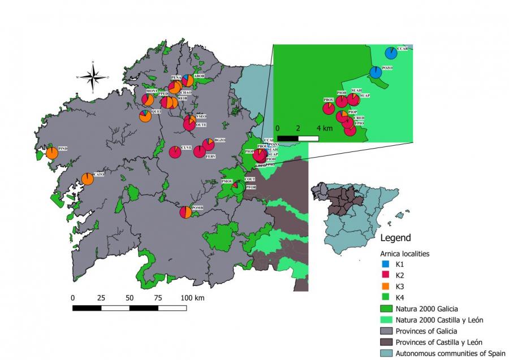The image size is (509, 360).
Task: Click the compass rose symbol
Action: pyautogui.click(x=95, y=77)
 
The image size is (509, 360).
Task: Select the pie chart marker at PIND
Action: pyautogui.click(x=52, y=153)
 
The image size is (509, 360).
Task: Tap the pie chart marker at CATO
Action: pyautogui.click(x=88, y=179)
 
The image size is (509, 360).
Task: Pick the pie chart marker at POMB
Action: pyautogui.click(x=186, y=212)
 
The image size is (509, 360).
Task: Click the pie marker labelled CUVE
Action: pyautogui.click(x=175, y=151)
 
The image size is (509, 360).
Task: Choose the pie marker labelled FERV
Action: pyautogui.click(x=200, y=151)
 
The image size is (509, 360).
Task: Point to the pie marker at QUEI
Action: pyautogui.click(x=145, y=116)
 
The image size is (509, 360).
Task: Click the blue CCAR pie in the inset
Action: pyautogui.click(x=391, y=53)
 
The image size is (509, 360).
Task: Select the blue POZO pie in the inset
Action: pyautogui.click(x=376, y=72)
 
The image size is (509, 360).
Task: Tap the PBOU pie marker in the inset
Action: pyautogui.click(x=329, y=108)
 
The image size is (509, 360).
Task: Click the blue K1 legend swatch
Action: pyautogui.click(x=385, y=264)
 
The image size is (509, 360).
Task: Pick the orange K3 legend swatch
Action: pyautogui.click(x=385, y=287)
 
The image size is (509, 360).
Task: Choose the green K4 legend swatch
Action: pyautogui.click(x=385, y=298)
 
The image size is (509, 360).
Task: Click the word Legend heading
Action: pyautogui.click(x=395, y=238)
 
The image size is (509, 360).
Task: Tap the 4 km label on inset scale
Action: pyautogui.click(x=325, y=128)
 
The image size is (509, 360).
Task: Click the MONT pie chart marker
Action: pyautogui.click(x=147, y=100)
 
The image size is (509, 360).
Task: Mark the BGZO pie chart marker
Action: pyautogui.click(x=208, y=145)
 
